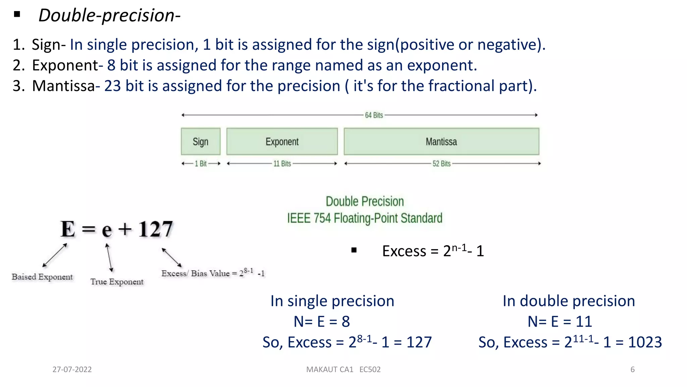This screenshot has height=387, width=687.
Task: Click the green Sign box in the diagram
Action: (x=201, y=141)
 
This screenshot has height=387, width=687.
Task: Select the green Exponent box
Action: (x=282, y=141)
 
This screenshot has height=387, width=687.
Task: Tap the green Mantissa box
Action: (x=441, y=141)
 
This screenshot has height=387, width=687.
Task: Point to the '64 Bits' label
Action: (x=374, y=115)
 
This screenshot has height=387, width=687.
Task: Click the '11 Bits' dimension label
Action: (x=282, y=164)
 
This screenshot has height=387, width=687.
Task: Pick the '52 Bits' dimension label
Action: (x=441, y=164)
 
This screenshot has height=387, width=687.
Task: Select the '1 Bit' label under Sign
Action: (x=201, y=164)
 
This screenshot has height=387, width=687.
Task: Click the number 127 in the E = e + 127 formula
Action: (x=156, y=229)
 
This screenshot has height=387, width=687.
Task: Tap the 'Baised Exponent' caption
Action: (x=42, y=277)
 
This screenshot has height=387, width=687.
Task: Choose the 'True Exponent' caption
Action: (x=117, y=282)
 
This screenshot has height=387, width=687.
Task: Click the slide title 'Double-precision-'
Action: (x=109, y=15)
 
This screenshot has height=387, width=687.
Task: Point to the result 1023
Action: (x=645, y=342)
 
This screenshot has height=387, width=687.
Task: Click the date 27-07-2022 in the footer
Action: (x=72, y=370)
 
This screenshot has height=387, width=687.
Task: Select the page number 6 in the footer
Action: (x=632, y=370)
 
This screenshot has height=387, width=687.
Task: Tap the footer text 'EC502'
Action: (x=370, y=370)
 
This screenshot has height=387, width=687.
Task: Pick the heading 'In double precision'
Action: (x=569, y=301)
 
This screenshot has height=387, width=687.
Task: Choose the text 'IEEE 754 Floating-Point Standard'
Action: (x=365, y=218)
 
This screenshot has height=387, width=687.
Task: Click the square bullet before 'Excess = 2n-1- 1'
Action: (x=354, y=250)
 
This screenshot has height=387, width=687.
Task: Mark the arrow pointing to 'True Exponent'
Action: (x=109, y=258)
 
